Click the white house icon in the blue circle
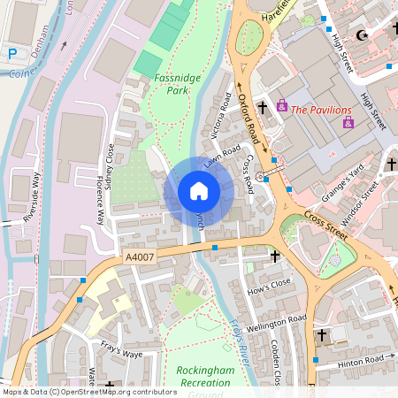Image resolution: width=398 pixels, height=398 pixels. click(199, 191)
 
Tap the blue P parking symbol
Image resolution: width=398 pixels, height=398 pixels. click(12, 54)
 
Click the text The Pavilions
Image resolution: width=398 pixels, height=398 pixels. click(321, 111)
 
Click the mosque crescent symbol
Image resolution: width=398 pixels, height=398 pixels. click(360, 35)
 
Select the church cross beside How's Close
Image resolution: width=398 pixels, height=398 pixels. click(275, 256)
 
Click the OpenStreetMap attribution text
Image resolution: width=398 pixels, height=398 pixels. click(89, 392)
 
